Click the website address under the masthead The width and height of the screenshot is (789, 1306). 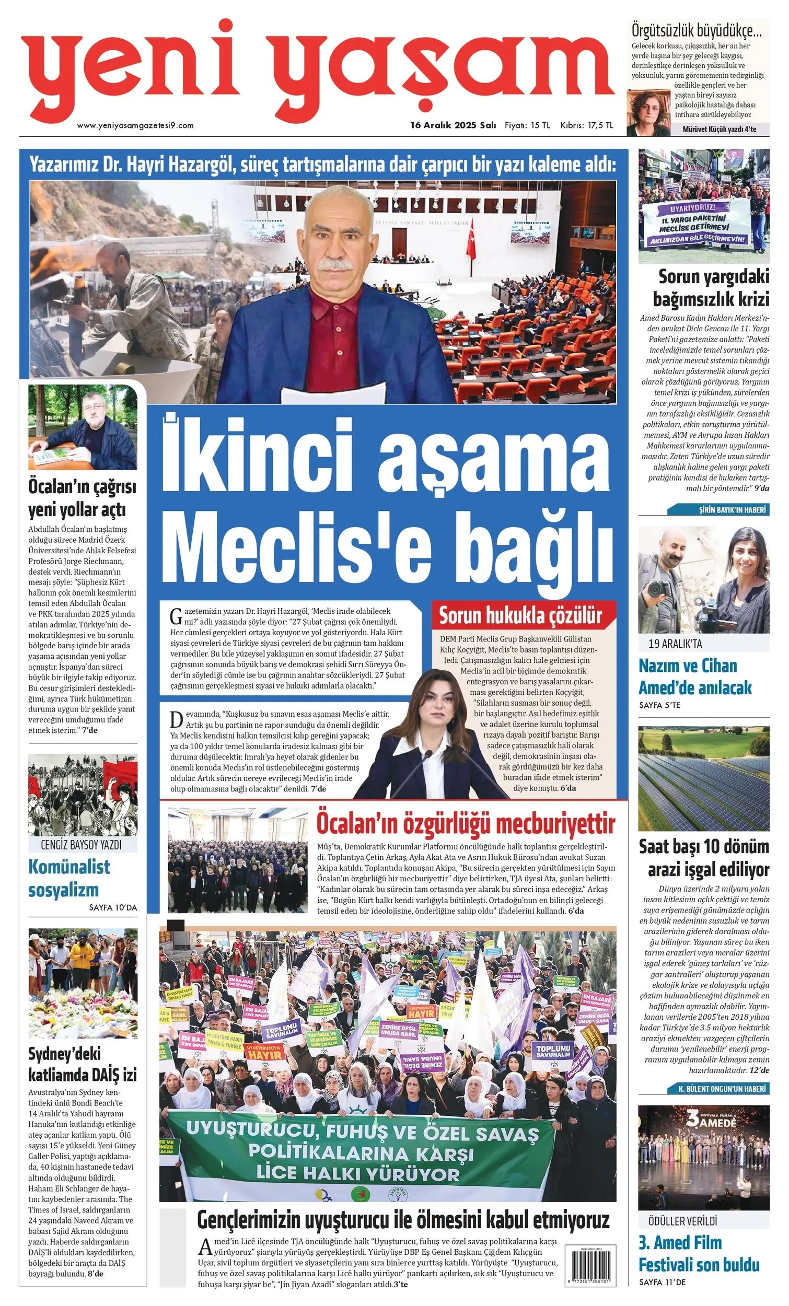[x=135, y=125]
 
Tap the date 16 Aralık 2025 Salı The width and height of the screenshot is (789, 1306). [x=454, y=125]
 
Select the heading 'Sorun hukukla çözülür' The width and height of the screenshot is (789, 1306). [x=520, y=615]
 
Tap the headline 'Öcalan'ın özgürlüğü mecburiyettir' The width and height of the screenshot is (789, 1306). [x=466, y=824]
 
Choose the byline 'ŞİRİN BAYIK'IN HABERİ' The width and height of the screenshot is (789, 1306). [x=732, y=510]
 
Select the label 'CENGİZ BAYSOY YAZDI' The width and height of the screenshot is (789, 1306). [x=81, y=844]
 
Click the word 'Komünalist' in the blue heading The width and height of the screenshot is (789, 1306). [x=69, y=867]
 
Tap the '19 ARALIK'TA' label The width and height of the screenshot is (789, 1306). [x=675, y=644]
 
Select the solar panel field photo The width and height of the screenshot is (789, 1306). [x=703, y=778]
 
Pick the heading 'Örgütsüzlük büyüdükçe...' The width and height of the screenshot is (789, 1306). [x=696, y=32]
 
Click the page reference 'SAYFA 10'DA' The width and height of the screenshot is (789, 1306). [x=113, y=907]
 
